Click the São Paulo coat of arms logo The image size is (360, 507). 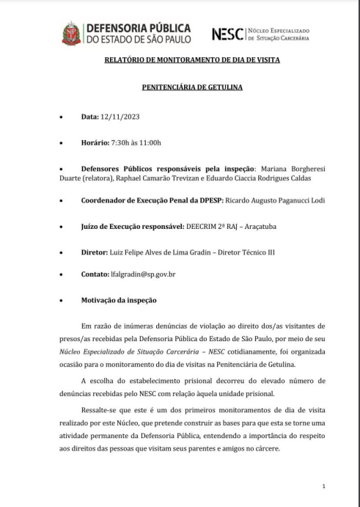(x=72, y=33)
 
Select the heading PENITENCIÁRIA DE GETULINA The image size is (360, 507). (x=180, y=88)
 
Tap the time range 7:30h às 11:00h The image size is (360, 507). (x=141, y=142)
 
